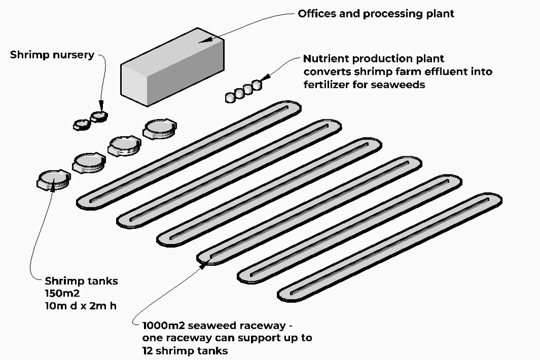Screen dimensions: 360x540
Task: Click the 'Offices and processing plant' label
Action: point(375,14)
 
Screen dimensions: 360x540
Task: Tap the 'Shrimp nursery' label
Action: point(52,55)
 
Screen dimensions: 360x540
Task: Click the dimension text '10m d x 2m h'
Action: point(80,305)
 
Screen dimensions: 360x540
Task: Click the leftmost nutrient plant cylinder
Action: point(230,97)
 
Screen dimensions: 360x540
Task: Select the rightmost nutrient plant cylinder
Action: point(256,85)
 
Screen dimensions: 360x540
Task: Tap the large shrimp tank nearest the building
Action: point(160,128)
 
